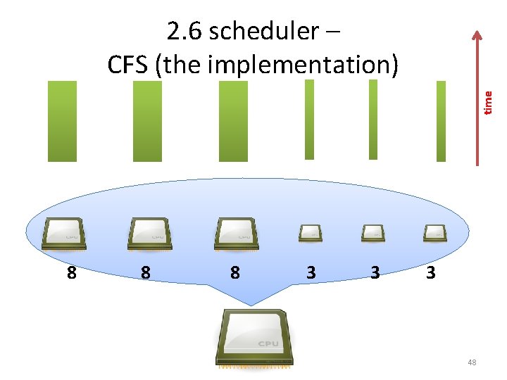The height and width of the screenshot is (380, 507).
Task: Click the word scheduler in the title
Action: coord(264,32)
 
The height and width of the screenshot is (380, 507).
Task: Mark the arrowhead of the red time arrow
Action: coord(477,35)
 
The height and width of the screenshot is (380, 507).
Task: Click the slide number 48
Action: coord(471,362)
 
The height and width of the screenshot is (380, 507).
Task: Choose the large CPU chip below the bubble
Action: coord(255,337)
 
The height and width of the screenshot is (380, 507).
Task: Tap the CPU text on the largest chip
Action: coord(268,343)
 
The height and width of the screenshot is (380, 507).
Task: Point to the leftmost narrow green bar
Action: coord(309,120)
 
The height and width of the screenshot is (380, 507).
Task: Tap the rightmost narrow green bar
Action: coord(442,121)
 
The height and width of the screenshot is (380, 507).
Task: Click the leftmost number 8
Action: coord(71,272)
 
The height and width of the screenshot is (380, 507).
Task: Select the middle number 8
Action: coord(145,272)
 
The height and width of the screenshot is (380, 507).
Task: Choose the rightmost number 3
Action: coord(430,272)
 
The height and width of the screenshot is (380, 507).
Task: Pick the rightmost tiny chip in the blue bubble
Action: coord(434,232)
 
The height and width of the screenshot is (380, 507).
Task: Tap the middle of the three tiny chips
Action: coord(373,232)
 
